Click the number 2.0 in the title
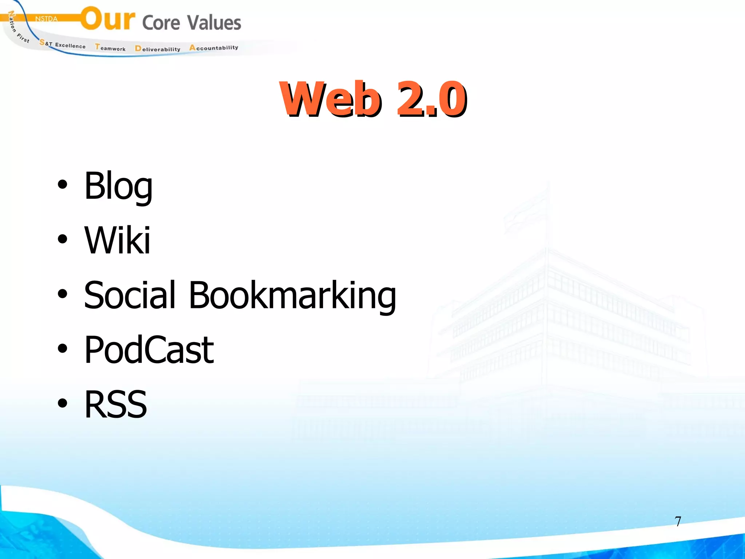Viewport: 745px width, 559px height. [x=431, y=99]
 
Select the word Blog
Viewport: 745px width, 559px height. [x=118, y=186]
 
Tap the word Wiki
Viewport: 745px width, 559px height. [x=117, y=240]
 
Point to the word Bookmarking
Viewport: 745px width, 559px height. [x=292, y=296]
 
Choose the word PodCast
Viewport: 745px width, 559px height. [x=149, y=350]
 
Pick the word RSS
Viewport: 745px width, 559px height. [x=115, y=404]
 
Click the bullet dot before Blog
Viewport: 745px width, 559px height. [x=63, y=185]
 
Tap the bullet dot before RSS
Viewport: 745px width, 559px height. [x=63, y=403]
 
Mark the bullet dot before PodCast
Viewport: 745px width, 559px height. [x=63, y=348]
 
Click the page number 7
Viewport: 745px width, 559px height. [x=678, y=522]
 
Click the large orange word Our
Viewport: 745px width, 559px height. [x=108, y=19]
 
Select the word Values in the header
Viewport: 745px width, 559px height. [x=214, y=23]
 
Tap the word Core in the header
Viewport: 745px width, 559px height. [x=161, y=23]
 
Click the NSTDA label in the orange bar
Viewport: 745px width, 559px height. [x=46, y=19]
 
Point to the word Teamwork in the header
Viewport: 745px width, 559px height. [x=110, y=48]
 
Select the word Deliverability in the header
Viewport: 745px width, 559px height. [x=158, y=49]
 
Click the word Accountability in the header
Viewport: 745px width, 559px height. [x=214, y=48]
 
